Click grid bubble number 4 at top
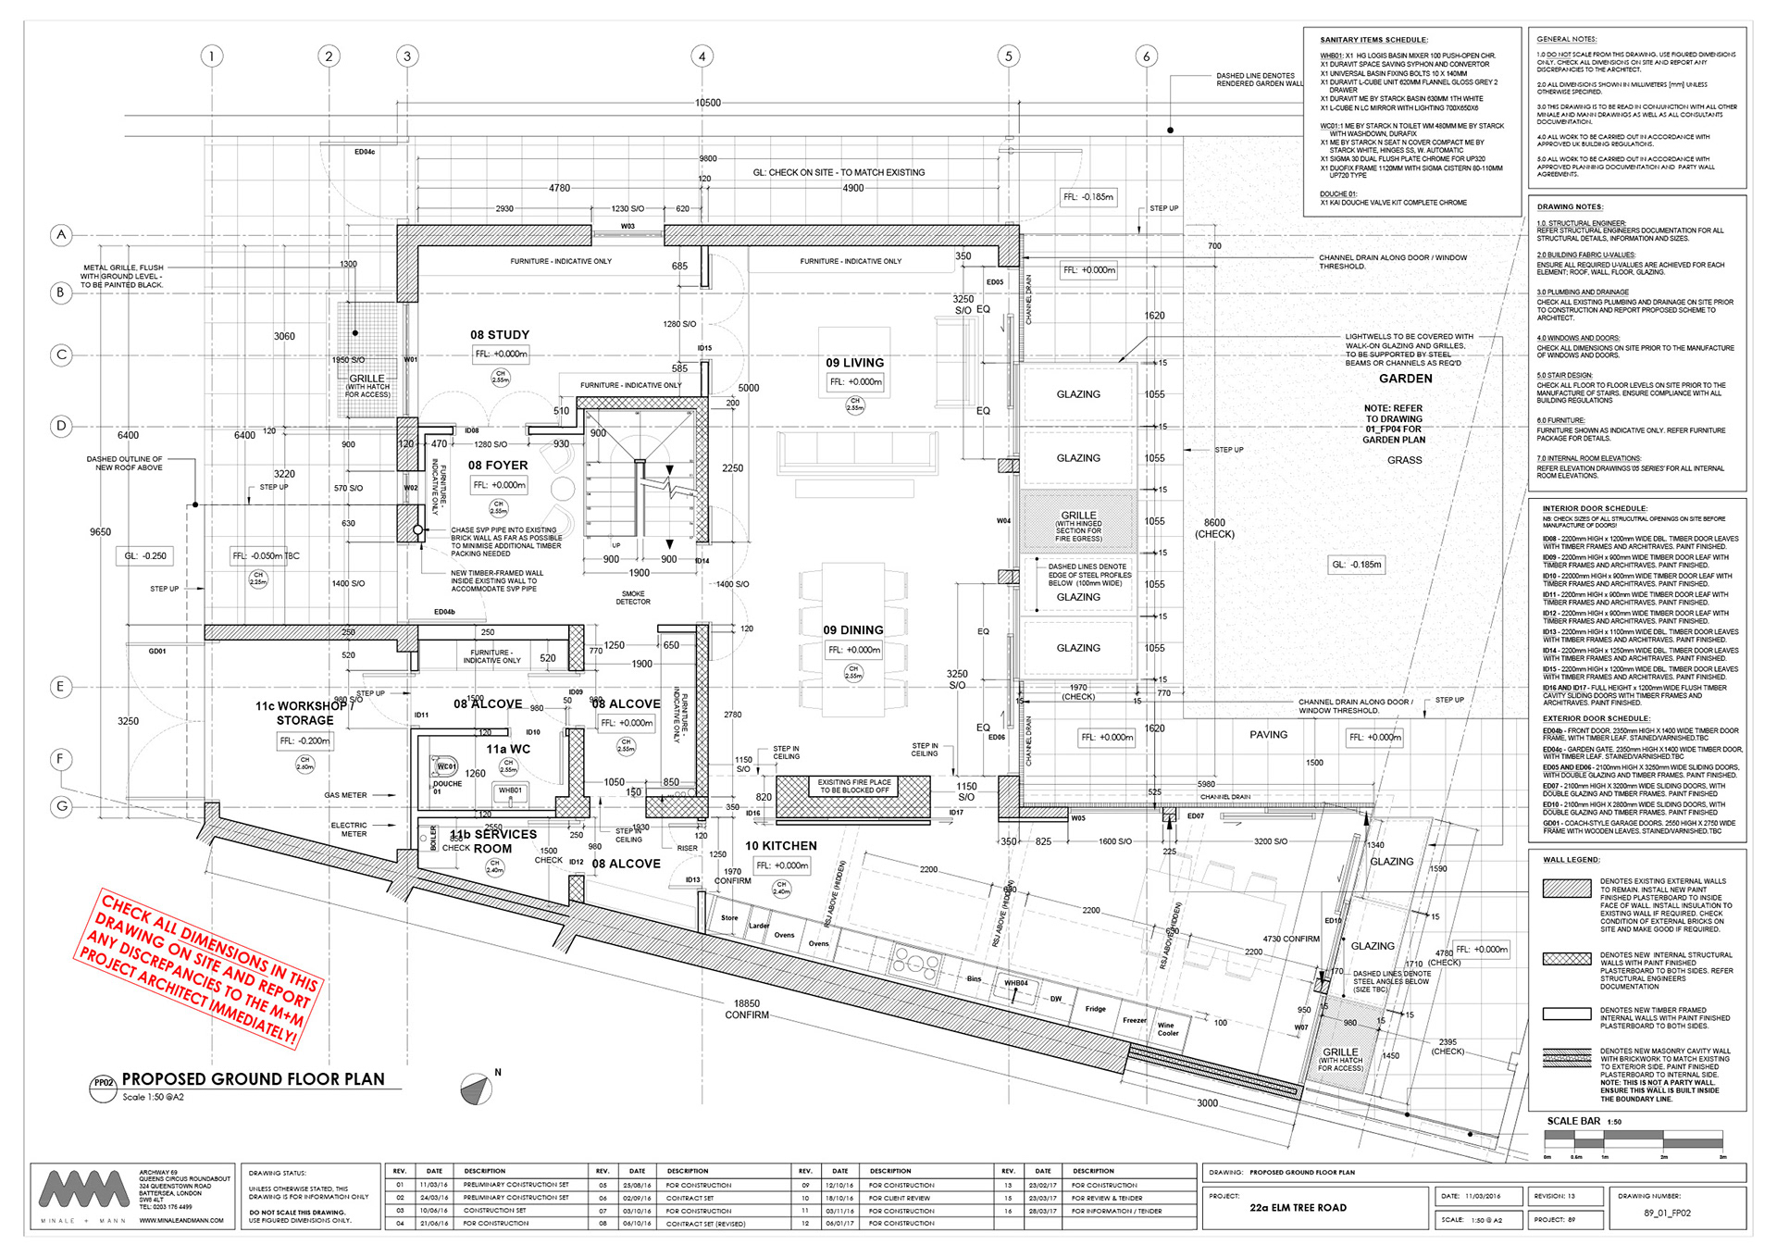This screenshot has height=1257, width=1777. (702, 56)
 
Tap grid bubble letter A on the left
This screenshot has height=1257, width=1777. (61, 235)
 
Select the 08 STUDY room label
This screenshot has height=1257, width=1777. (500, 335)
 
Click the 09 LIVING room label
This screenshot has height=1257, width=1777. (854, 363)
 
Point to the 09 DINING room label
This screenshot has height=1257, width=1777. (853, 630)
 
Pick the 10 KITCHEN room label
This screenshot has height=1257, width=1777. (781, 846)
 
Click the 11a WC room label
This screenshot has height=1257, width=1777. (508, 749)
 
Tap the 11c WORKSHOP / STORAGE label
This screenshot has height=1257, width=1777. (304, 713)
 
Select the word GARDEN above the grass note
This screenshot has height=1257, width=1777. (1405, 379)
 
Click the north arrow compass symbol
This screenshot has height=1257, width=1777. (476, 1089)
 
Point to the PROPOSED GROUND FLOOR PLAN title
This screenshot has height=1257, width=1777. (253, 1079)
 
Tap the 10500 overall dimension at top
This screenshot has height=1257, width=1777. (708, 103)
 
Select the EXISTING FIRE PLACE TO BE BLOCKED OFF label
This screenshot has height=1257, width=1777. (853, 787)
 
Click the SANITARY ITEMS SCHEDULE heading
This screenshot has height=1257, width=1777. (1373, 40)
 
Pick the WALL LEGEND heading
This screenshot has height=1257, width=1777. (1571, 860)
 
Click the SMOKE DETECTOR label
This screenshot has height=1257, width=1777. (633, 598)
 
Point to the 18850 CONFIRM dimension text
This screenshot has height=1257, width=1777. (747, 1009)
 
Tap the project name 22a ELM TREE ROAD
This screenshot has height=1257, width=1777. (1298, 1208)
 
